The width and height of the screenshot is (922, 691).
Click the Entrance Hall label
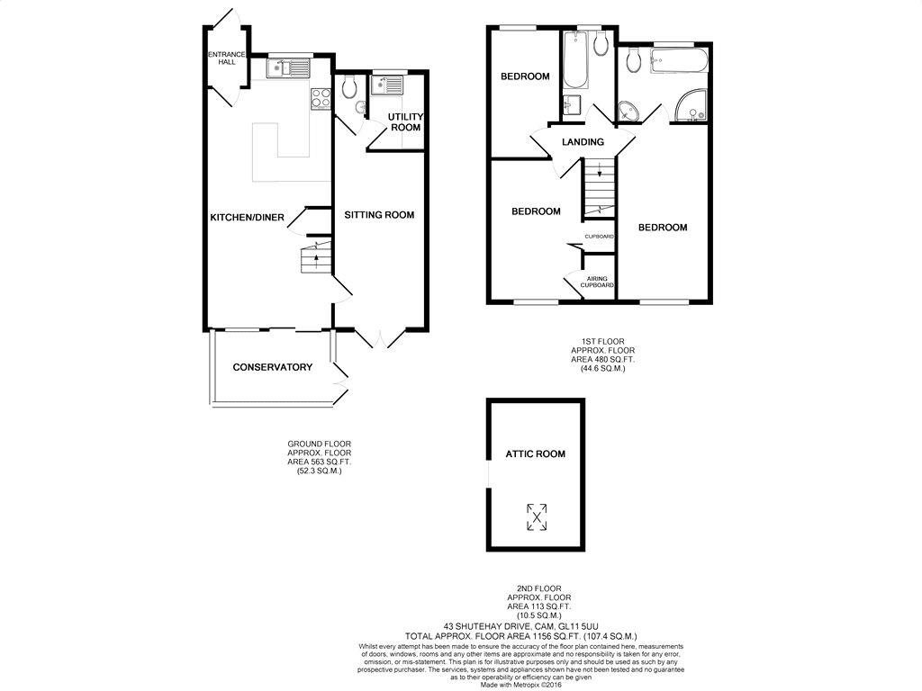(226, 58)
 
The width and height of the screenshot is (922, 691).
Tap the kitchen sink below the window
(288, 67)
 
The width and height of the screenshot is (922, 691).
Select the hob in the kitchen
(321, 99)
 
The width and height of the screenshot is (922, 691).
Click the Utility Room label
(405, 122)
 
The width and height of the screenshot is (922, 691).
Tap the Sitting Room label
(379, 215)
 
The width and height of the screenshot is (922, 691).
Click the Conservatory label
(272, 367)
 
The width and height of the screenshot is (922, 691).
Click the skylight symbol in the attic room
(537, 516)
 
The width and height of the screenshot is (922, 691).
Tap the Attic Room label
(535, 454)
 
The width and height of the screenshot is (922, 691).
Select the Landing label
(583, 142)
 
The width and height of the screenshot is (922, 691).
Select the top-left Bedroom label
(525, 76)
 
